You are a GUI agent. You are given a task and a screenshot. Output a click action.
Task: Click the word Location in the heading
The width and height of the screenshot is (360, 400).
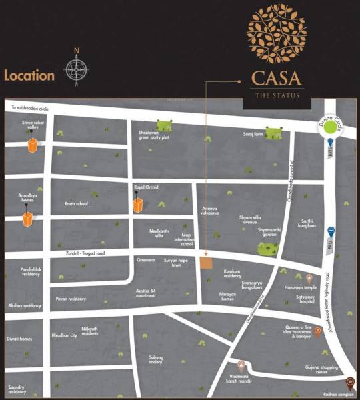click(x=29, y=75)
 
